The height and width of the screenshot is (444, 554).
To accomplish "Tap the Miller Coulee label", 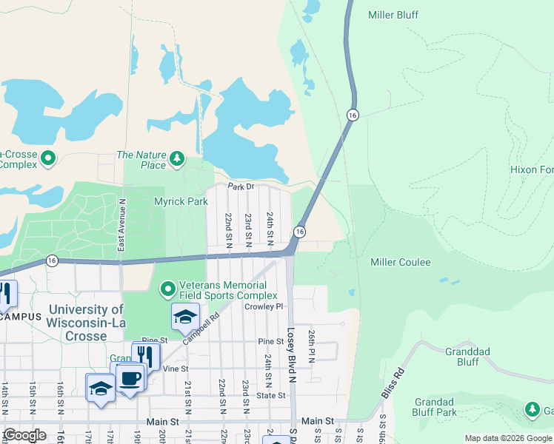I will (400, 263).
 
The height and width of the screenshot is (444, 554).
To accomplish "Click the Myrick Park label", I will (181, 201).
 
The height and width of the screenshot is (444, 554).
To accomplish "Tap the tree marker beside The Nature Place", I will (176, 158).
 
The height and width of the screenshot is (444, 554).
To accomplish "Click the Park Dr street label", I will (241, 186).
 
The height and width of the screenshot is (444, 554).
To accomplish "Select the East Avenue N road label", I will (123, 224).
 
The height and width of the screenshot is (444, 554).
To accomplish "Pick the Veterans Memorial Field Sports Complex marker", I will (168, 288).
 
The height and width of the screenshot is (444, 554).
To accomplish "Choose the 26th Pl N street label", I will (313, 346).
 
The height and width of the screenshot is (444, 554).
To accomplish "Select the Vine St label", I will (176, 369).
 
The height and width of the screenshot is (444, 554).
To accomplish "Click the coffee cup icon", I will (130, 377).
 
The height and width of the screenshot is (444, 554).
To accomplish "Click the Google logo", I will (25, 435).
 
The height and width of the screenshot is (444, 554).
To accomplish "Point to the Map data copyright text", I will (508, 438).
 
